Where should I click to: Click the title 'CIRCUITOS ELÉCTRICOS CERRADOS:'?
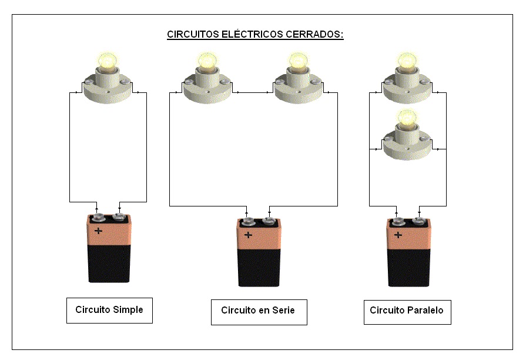[255, 35]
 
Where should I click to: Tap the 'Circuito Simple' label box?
[109, 310]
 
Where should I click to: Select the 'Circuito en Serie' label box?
[259, 311]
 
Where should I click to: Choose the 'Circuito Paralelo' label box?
[407, 311]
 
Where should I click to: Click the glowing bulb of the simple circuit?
[108, 60]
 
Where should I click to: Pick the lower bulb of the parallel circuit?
[407, 118]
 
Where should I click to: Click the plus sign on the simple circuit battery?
[98, 231]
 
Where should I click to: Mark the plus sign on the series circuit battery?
[249, 235]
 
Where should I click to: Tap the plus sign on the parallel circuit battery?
[398, 235]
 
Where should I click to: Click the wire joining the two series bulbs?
[253, 92]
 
